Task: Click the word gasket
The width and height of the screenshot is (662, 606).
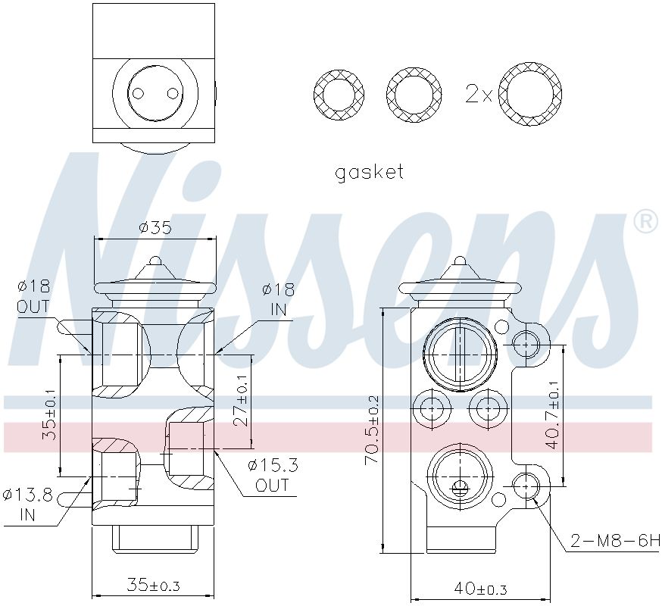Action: (x=370, y=173)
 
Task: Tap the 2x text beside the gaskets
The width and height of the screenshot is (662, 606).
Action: (x=479, y=93)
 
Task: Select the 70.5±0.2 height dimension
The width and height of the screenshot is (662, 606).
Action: (x=373, y=430)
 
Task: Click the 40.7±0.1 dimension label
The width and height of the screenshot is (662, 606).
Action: (x=554, y=414)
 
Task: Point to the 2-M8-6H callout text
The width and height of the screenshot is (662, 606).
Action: (x=615, y=540)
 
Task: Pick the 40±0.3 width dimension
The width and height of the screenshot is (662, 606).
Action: (x=480, y=589)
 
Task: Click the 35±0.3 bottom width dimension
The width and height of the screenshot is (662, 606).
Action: (x=153, y=585)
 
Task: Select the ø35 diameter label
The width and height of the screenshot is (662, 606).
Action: (x=155, y=228)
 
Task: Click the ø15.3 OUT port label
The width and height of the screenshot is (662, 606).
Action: (x=273, y=476)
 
